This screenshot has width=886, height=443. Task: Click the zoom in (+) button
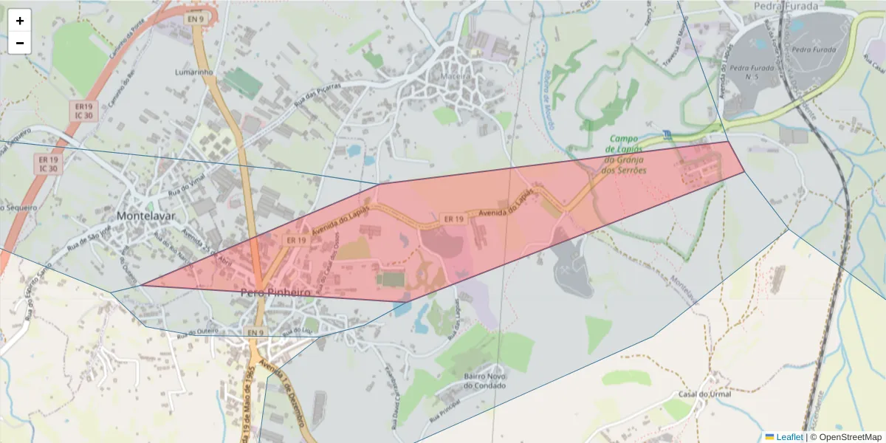pyautogui.click(x=20, y=21)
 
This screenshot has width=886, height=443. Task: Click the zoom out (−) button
pyautogui.click(x=20, y=43)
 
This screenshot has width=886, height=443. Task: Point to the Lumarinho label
pyautogui.click(x=194, y=72)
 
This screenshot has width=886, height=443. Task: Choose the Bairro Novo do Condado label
pyautogui.click(x=484, y=380)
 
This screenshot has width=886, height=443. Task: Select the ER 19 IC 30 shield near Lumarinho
pyautogui.click(x=83, y=111)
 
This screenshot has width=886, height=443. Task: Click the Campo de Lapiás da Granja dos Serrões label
pyautogui.click(x=625, y=154)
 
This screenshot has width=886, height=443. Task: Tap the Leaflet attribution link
pyautogui.click(x=789, y=437)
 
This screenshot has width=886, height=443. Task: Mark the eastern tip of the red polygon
pyautogui.click(x=744, y=172)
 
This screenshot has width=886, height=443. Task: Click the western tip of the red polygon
pyautogui.click(x=141, y=285)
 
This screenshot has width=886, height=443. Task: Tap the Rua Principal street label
pyautogui.click(x=445, y=411)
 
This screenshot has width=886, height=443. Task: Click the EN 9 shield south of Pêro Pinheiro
pyautogui.click(x=255, y=333)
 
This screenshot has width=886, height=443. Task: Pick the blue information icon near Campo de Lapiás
pyautogui.click(x=667, y=134)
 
